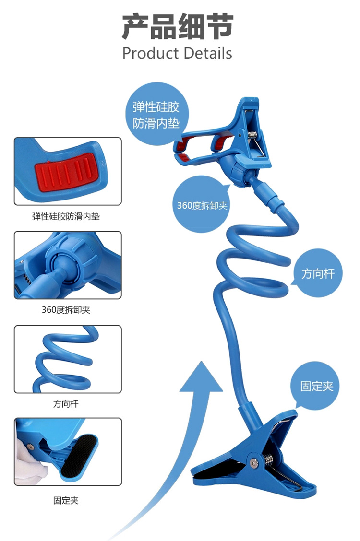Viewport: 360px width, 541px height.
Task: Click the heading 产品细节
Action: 177,27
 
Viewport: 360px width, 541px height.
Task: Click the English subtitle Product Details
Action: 177,53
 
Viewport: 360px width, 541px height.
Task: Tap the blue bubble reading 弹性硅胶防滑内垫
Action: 156,115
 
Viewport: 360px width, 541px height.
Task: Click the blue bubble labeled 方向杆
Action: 317,274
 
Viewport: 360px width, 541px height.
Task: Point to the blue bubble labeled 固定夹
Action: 316,386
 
